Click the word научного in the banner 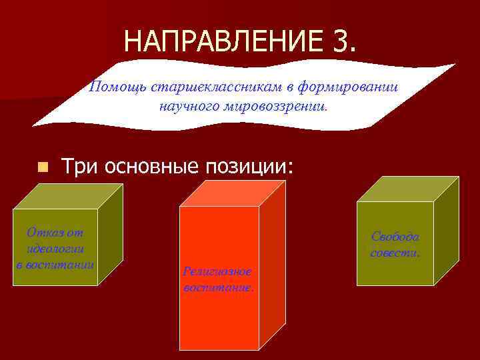click(x=188, y=105)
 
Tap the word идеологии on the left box click(x=55, y=249)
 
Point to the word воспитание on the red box click(x=217, y=288)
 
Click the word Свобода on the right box click(x=395, y=237)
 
